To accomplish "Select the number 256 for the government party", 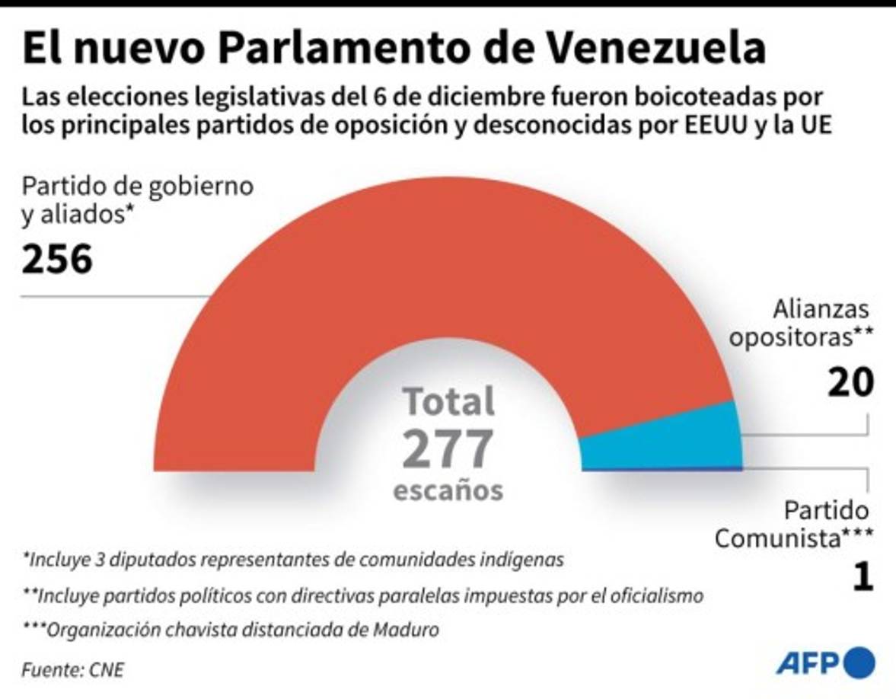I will pyautogui.click(x=57, y=260).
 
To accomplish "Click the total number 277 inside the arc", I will pyautogui.click(x=448, y=448).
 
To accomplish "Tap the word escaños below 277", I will pyautogui.click(x=448, y=490).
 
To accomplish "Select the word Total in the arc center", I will pyautogui.click(x=448, y=401).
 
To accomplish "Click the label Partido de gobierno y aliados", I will pyautogui.click(x=137, y=200).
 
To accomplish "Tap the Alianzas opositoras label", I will pyautogui.click(x=801, y=324).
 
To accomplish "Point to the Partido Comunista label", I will pyautogui.click(x=793, y=525).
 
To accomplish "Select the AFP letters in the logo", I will pyautogui.click(x=806, y=662).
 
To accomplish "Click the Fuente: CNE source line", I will pyautogui.click(x=72, y=670).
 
